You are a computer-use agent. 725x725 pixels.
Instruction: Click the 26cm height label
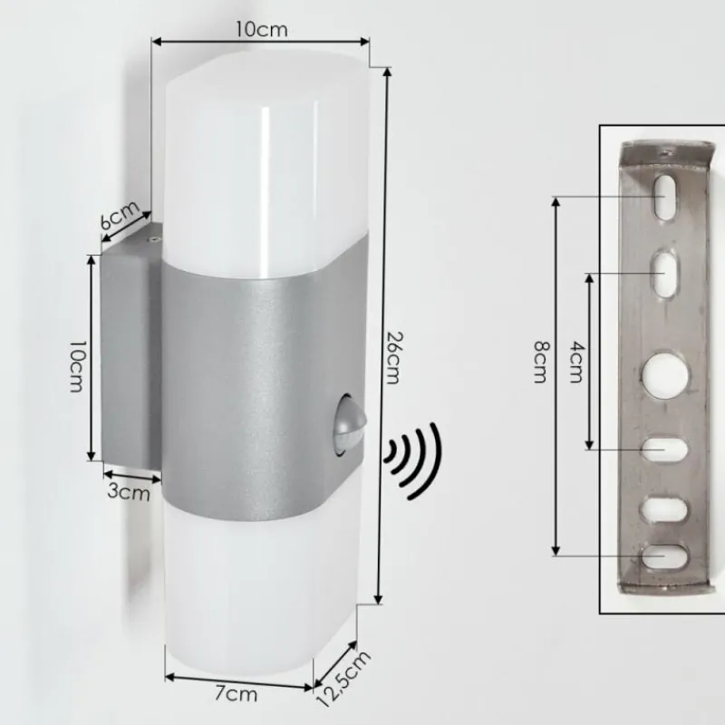[x=391, y=357]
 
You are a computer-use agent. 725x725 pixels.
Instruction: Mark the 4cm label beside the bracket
[x=575, y=362]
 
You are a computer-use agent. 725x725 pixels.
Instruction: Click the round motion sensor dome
[x=345, y=422]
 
